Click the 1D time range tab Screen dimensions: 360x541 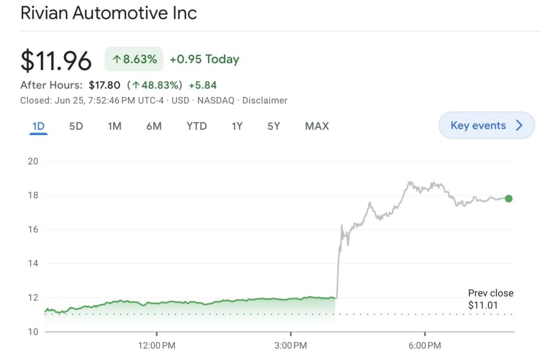pyautogui.click(x=39, y=126)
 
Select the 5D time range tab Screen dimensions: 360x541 pyautogui.click(x=76, y=126)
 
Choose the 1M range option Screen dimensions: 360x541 pyautogui.click(x=115, y=126)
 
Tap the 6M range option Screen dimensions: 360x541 pyautogui.click(x=154, y=126)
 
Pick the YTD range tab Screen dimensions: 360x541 pyautogui.click(x=197, y=126)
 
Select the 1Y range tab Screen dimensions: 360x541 pyautogui.click(x=237, y=126)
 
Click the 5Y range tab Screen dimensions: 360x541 pyautogui.click(x=274, y=126)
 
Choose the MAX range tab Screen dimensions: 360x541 pyautogui.click(x=317, y=126)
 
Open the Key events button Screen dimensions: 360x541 pyautogui.click(x=487, y=126)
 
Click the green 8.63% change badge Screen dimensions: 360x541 pyautogui.click(x=134, y=59)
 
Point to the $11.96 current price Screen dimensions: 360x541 pyautogui.click(x=56, y=61)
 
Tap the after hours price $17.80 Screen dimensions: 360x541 pyautogui.click(x=105, y=85)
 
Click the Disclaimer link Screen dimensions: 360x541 pyautogui.click(x=265, y=100)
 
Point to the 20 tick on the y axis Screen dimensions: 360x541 pyautogui.click(x=33, y=162)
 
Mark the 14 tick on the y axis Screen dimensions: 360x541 pyautogui.click(x=33, y=263)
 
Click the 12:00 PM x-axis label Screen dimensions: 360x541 pyautogui.click(x=156, y=346)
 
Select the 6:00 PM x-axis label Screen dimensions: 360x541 pyautogui.click(x=425, y=346)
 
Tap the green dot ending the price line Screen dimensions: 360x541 pyautogui.click(x=508, y=198)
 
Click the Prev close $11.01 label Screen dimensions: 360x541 pyautogui.click(x=490, y=299)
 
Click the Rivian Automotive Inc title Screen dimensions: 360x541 pyautogui.click(x=108, y=13)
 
